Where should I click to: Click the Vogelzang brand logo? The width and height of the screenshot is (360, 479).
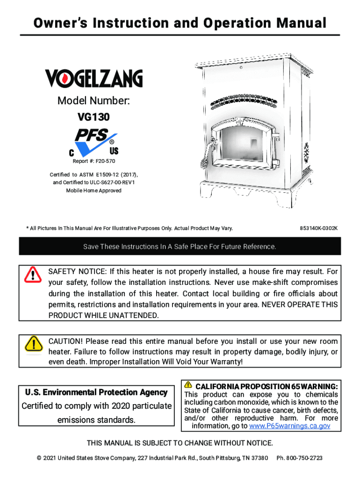94,78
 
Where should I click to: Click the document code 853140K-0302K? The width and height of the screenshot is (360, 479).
318,228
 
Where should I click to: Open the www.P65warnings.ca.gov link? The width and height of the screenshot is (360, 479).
290,426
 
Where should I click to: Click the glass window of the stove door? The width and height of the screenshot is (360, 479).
242,145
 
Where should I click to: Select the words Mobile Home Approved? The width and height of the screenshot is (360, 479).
94,191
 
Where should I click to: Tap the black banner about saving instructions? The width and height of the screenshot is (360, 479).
180,246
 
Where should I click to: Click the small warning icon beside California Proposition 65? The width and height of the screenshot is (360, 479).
188,385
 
